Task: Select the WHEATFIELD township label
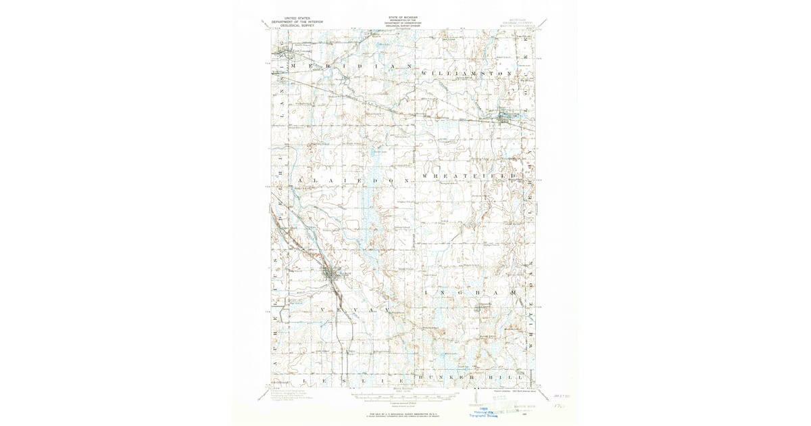(x=472, y=176)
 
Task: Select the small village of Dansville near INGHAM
(x=483, y=308)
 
